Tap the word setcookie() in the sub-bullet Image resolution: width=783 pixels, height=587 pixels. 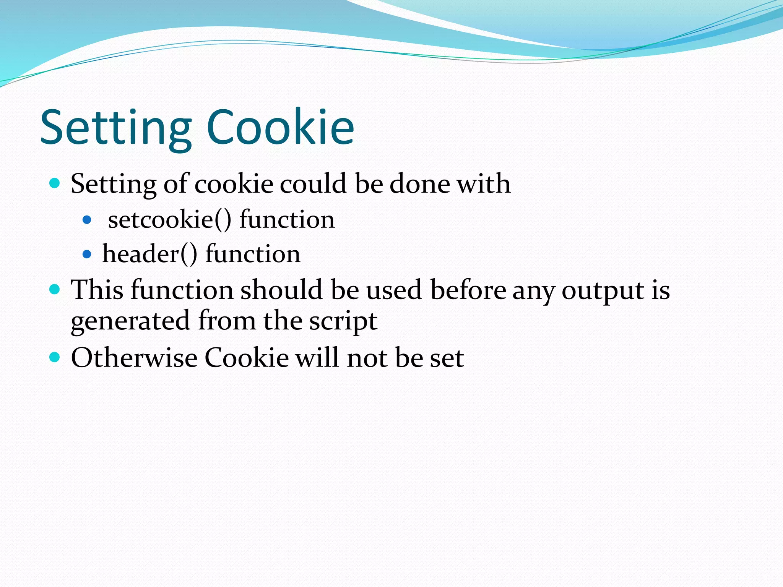170,220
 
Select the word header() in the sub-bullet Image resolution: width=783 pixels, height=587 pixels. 150,254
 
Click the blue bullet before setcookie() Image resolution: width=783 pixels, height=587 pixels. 87,220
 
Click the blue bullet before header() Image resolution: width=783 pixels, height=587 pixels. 87,254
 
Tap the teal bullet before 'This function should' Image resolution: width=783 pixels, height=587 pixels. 55,289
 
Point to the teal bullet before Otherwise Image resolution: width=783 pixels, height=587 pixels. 55,358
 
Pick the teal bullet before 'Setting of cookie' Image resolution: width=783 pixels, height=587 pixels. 55,183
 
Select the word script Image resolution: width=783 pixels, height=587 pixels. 343,321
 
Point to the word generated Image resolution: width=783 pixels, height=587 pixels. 130,321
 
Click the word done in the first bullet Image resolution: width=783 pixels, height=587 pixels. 420,183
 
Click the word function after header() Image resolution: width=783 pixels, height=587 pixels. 253,254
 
